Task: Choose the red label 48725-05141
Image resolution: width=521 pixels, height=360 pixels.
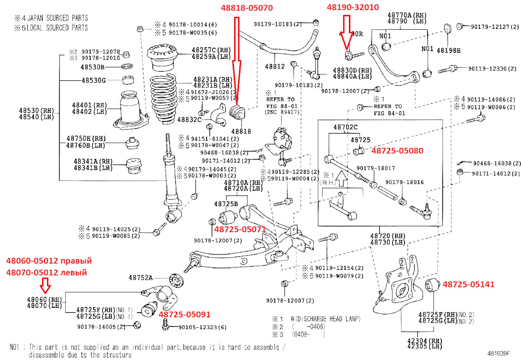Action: coord(468,283)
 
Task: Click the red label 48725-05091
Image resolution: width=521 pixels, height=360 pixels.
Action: coord(184,314)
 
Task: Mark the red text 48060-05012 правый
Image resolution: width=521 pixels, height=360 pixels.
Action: coord(46,261)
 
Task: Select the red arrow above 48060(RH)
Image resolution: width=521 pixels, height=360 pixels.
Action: coord(46,285)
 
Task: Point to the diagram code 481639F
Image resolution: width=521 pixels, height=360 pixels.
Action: coord(498,353)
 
